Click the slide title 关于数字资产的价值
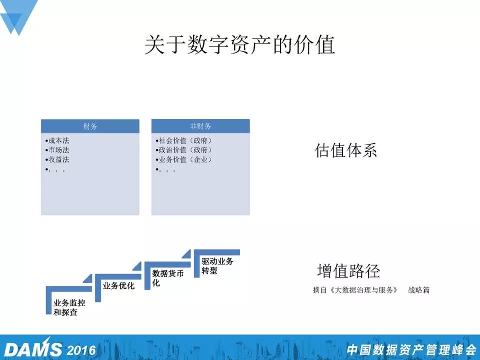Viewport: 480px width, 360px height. click(240, 44)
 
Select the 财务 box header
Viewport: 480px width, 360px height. click(90, 126)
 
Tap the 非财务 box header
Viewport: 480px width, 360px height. click(200, 126)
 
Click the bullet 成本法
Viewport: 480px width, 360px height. click(57, 140)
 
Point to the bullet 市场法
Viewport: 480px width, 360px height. click(57, 150)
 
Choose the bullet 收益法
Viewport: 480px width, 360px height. click(57, 159)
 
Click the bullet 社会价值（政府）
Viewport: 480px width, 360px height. click(183, 140)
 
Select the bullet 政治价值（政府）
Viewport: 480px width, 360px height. click(183, 150)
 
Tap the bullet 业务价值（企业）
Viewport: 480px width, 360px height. click(183, 159)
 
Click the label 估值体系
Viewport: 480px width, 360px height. click(345, 150)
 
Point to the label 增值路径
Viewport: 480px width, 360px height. click(348, 270)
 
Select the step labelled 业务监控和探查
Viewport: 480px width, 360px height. click(69, 307)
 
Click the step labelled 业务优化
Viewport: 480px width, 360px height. click(118, 286)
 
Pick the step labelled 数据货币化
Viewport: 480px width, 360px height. click(168, 278)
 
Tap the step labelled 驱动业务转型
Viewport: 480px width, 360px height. click(217, 265)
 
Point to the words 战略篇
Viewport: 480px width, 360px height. click(419, 290)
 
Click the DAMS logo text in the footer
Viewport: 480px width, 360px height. click(33, 349)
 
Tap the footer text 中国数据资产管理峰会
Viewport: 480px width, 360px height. click(411, 350)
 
